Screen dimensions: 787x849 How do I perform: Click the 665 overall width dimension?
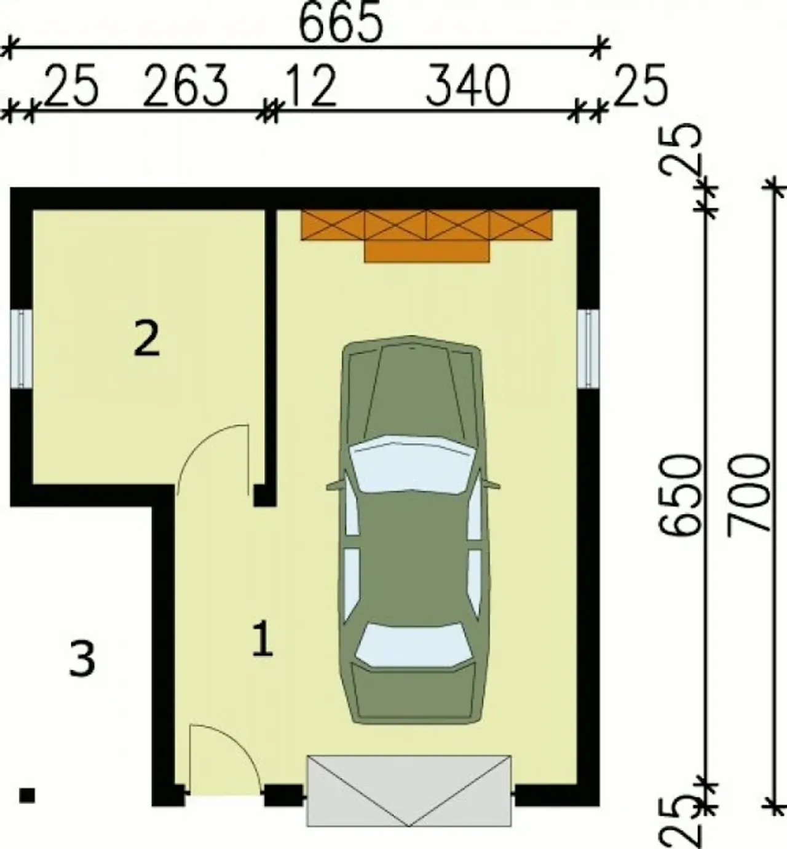[x=341, y=22]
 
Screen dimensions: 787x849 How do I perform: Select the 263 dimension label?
[x=185, y=85]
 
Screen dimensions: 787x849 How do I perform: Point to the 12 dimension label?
[x=310, y=85]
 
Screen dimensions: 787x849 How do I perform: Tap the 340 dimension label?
[x=469, y=85]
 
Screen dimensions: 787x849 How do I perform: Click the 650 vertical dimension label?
[x=679, y=496]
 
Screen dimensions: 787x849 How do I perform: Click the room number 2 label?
[x=147, y=339]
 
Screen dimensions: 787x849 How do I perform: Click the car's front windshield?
[x=413, y=464]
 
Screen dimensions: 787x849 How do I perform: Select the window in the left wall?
[x=21, y=348]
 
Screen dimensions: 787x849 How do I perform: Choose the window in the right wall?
[x=588, y=349]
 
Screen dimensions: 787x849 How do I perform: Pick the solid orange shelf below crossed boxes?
[x=427, y=251]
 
